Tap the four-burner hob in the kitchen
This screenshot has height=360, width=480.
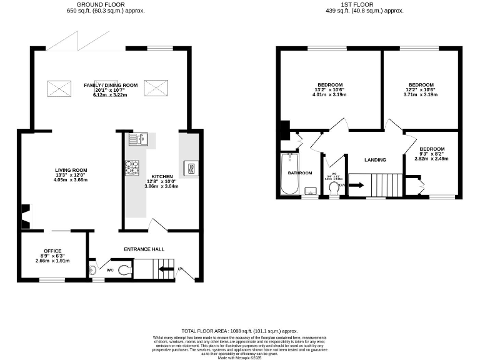pos(132,167)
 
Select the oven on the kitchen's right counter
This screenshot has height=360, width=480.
pos(190,167)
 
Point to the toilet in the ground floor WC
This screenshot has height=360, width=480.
pos(124,271)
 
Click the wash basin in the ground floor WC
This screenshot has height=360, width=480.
pos(93,270)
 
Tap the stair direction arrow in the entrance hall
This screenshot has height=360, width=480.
pos(166,269)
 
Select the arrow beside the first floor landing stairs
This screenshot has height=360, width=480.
pos(356,185)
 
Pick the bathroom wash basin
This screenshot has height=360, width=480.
pos(310,191)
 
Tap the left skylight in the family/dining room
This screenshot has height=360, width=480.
pos(55,87)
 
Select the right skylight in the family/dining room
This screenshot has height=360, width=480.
pos(154,87)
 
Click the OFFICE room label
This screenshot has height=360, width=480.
pos(52,251)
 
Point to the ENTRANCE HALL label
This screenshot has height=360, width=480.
pos(144,249)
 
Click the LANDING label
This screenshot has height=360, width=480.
pos(376,160)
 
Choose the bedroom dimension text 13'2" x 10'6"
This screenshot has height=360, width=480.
pos(330,90)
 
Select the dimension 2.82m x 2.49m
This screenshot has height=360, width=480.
pos(432,159)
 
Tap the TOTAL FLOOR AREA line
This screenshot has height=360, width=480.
pos(239,331)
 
